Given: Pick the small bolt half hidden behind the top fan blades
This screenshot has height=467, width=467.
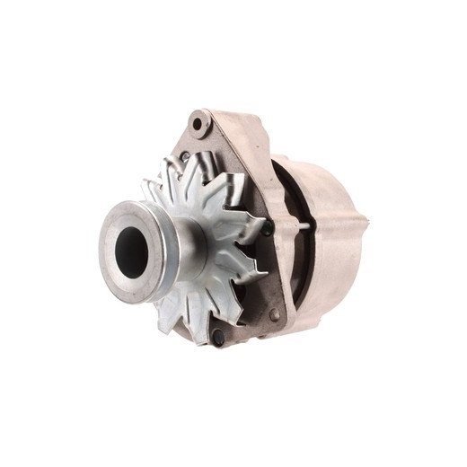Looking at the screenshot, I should (x=186, y=158).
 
